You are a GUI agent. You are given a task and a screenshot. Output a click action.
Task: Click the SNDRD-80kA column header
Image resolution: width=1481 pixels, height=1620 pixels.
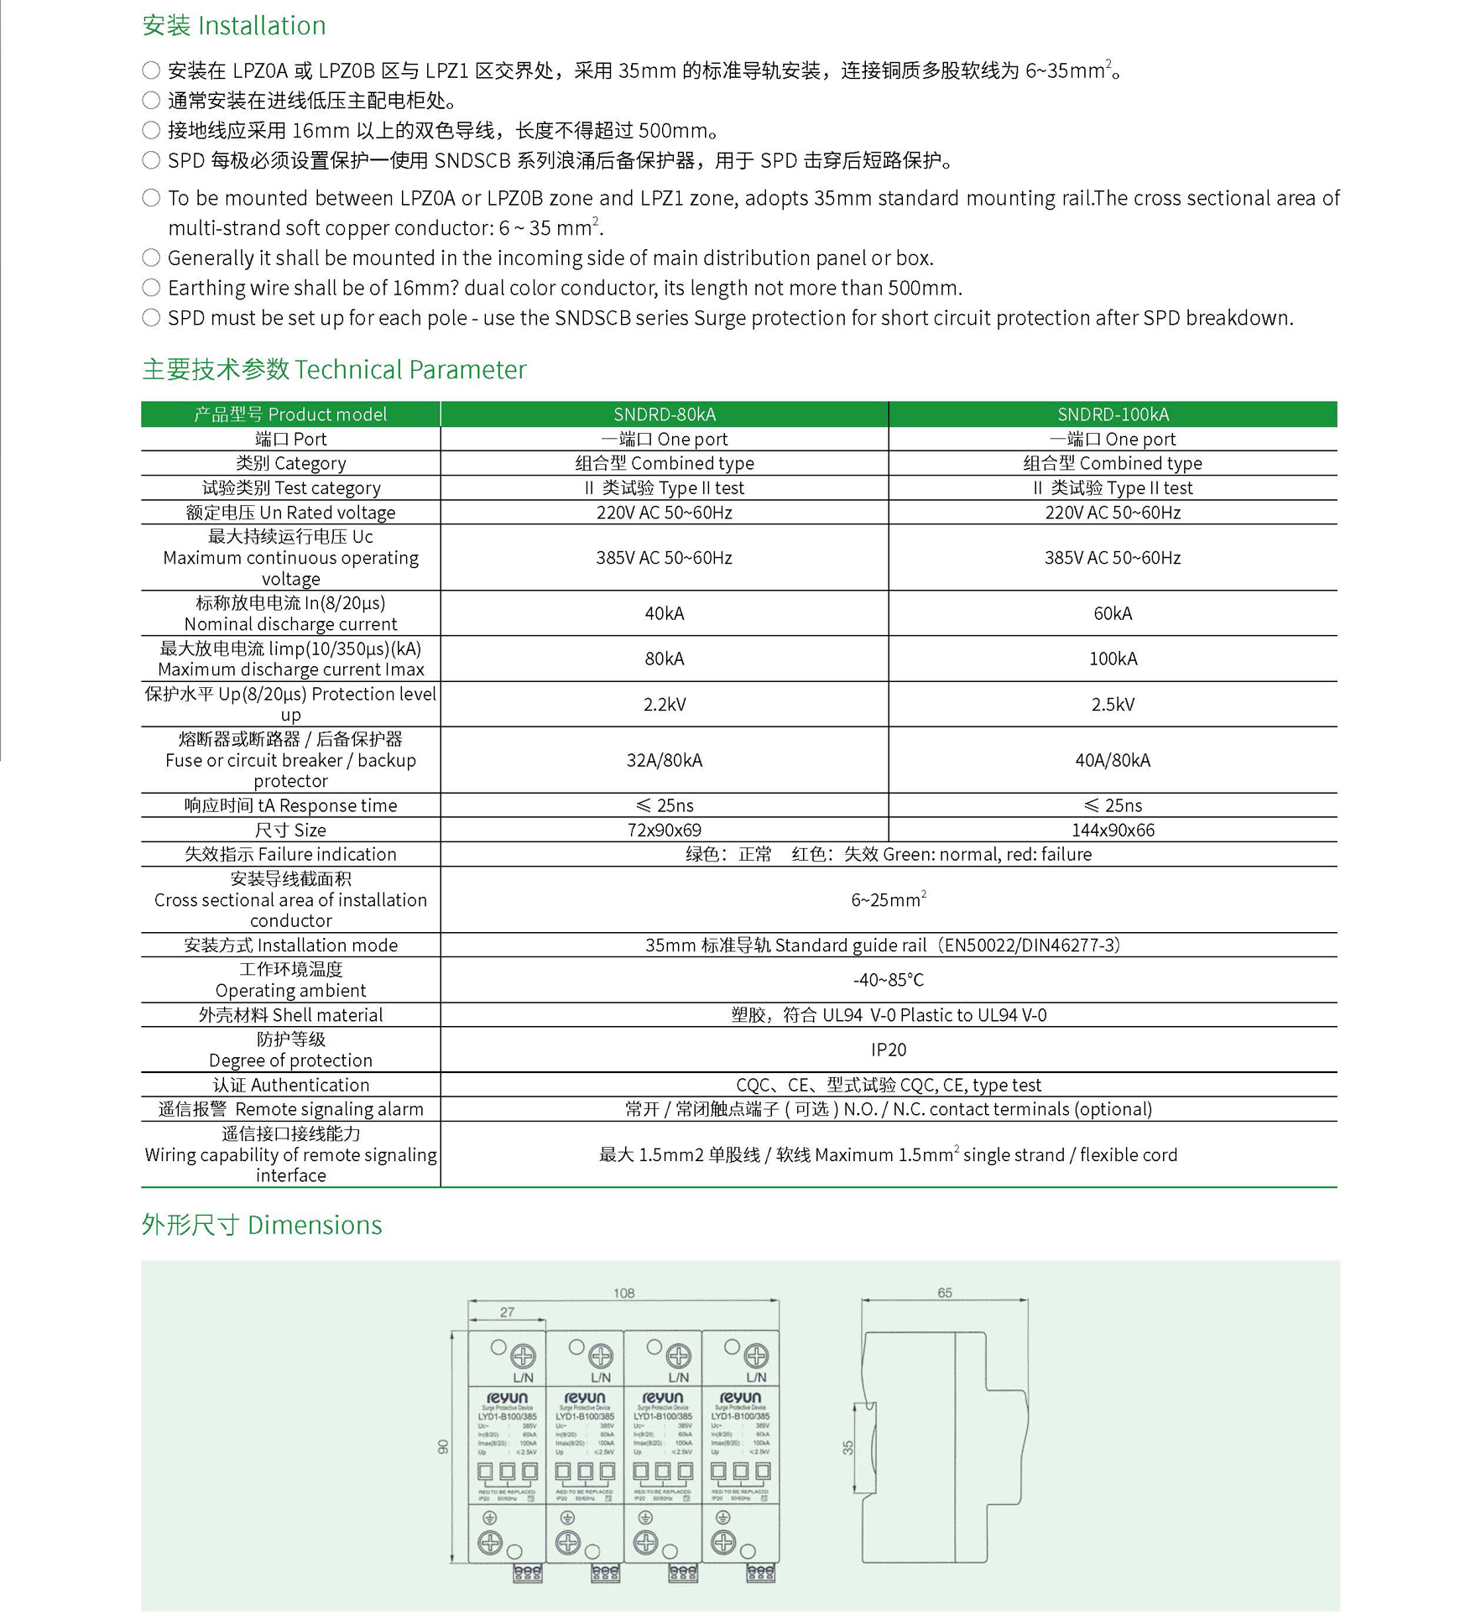tap(664, 414)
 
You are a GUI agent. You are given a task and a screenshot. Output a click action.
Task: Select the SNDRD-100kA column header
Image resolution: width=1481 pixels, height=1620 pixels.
tap(1113, 414)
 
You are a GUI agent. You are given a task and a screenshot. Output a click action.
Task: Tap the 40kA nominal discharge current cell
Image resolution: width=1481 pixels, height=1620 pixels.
tap(664, 613)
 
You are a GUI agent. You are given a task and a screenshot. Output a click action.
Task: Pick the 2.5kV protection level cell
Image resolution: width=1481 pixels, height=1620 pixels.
tap(1113, 704)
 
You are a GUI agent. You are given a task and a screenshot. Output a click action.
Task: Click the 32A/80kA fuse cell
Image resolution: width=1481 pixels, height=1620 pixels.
tap(664, 760)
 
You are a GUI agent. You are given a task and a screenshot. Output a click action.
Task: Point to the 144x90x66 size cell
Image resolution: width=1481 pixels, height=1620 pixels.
tap(1113, 830)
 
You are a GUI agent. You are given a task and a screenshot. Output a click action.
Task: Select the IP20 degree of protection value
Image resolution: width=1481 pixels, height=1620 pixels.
tap(889, 1050)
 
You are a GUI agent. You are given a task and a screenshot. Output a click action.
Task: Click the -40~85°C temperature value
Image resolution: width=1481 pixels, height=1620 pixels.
tap(889, 980)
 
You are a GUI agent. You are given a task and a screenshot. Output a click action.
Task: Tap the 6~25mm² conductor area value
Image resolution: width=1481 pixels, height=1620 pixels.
tap(889, 900)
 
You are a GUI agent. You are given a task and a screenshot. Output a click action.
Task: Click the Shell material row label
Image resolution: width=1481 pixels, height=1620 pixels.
tap(290, 1015)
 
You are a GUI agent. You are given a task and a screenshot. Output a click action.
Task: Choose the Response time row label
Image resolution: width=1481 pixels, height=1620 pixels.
tap(290, 805)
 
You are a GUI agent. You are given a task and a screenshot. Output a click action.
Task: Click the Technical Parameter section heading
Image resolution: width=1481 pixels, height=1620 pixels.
tap(334, 369)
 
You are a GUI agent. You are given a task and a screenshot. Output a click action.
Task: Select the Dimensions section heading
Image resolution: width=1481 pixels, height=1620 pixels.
tap(261, 1225)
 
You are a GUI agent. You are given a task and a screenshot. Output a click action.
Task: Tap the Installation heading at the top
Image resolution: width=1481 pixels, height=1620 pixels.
tap(233, 26)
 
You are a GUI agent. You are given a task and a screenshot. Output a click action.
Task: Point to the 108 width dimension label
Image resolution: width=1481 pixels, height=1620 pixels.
tap(623, 1293)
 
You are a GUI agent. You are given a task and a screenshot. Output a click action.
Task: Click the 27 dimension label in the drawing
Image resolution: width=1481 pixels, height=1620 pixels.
tap(507, 1312)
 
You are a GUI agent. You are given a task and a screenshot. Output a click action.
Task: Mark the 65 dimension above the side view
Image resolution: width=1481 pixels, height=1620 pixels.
tap(945, 1293)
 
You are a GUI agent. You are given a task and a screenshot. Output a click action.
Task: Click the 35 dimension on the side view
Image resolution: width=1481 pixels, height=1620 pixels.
tap(848, 1447)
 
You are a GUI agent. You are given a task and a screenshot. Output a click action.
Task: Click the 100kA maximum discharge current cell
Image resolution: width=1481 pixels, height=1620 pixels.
tap(1113, 659)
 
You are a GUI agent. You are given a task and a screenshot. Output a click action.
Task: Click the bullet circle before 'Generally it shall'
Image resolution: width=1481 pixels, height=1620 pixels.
tap(151, 258)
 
